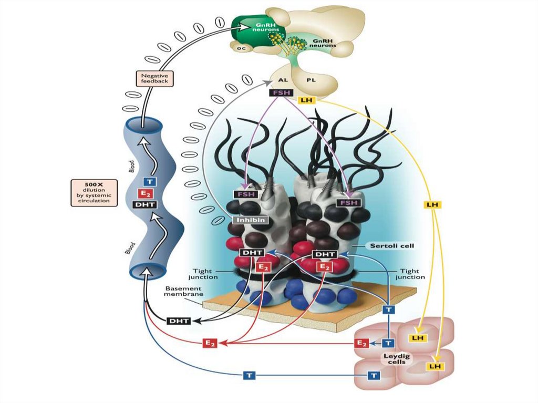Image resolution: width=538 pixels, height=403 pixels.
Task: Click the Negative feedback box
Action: point(154,78)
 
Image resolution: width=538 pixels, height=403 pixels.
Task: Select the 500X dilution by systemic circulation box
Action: point(94,192)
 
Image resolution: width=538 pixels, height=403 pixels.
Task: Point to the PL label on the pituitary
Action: point(312,81)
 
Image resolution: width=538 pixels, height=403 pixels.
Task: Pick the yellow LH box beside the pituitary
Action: point(306,100)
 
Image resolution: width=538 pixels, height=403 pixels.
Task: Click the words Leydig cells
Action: point(389,359)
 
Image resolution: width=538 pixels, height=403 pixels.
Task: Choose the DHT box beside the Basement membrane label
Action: point(179,321)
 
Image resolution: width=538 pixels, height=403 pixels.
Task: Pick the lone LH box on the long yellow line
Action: point(434,203)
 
